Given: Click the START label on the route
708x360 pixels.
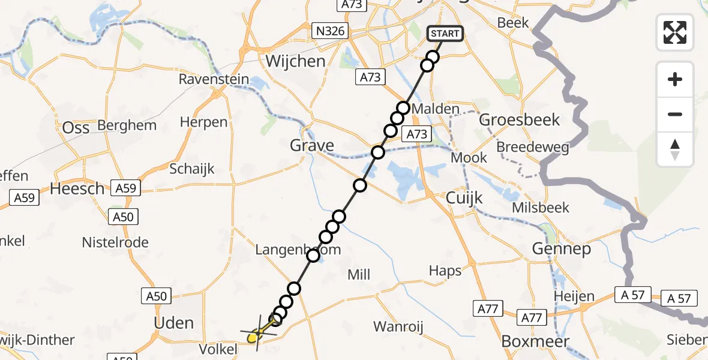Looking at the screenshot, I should point(445,34).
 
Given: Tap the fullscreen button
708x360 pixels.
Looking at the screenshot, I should point(675,32).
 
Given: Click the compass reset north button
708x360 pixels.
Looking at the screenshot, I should point(675,149).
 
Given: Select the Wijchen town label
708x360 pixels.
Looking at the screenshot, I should point(295,61).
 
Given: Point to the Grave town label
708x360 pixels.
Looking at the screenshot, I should point(312,145).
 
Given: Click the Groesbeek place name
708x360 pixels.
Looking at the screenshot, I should point(519,119).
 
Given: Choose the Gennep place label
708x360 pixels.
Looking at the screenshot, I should point(560,248).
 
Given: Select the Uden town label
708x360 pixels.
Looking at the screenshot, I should point(174,323).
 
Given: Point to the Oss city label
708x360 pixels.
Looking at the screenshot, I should point(76,128).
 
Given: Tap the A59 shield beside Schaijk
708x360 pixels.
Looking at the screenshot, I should point(125,188).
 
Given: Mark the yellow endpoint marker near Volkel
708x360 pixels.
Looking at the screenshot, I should point(253,338).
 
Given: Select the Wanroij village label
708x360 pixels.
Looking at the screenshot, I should point(398,327).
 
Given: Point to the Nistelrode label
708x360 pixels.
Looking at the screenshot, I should point(115,242).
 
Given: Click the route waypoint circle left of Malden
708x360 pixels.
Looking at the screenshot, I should point(403,108).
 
